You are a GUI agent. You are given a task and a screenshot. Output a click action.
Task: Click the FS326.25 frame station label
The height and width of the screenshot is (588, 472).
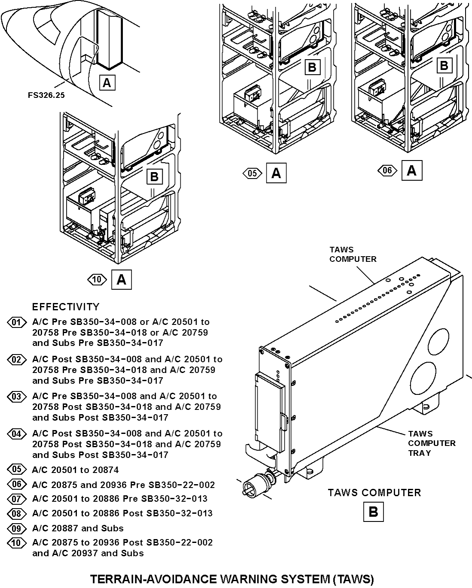click(x=46, y=95)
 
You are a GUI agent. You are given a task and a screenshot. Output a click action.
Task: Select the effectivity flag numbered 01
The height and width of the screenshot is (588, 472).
click(x=16, y=322)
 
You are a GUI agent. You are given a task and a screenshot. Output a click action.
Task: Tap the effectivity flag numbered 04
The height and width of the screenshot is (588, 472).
click(x=16, y=433)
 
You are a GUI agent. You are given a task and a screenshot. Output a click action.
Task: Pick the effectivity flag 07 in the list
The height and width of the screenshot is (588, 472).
click(x=16, y=499)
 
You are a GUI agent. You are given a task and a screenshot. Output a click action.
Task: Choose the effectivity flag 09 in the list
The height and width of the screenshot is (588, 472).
click(x=16, y=528)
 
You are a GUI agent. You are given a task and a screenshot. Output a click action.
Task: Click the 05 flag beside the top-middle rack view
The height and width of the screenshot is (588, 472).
click(x=253, y=173)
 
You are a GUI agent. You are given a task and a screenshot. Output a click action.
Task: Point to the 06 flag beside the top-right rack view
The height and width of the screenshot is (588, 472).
click(x=387, y=170)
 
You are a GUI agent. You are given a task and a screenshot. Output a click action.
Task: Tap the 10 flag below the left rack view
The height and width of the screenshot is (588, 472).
click(x=97, y=280)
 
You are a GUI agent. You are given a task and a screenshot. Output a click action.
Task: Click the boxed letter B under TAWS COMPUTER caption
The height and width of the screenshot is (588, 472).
click(x=373, y=512)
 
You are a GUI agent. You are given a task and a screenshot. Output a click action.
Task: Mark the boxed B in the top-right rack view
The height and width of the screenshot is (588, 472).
click(x=444, y=66)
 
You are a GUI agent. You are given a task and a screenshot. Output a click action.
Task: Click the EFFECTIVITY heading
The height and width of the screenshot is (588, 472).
click(x=66, y=307)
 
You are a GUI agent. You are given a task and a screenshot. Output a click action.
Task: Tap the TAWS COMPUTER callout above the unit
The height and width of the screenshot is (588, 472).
click(x=353, y=255)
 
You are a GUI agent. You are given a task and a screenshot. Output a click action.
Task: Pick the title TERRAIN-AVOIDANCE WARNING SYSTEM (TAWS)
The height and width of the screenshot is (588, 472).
click(x=232, y=579)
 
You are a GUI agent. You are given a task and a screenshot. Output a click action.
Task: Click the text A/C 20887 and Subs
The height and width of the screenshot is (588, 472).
click(x=78, y=528)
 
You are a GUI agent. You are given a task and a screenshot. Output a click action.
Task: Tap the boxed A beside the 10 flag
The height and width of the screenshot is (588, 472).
click(x=122, y=280)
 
